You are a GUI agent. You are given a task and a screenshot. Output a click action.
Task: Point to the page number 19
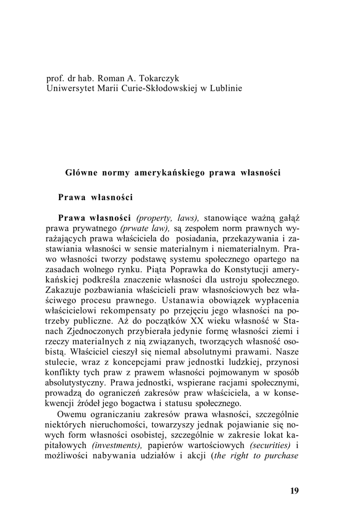coord(294,491)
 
